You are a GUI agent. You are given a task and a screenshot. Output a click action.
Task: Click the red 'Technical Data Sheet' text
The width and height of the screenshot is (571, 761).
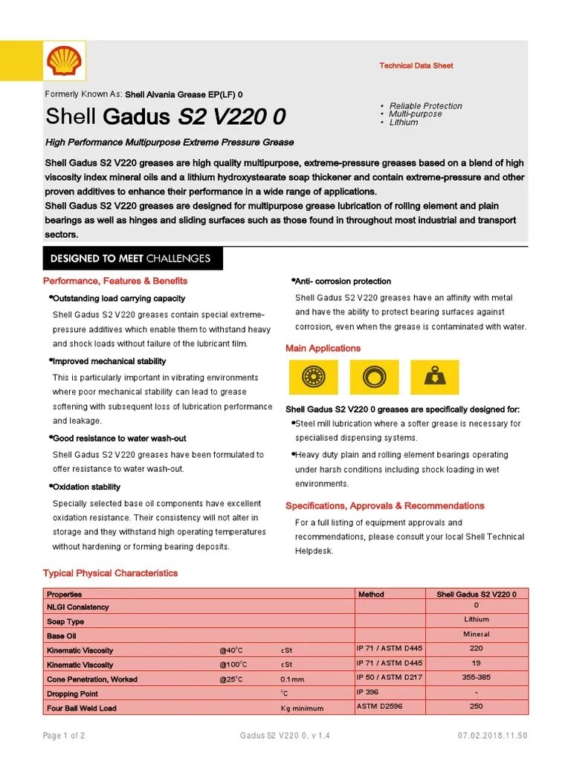(x=416, y=66)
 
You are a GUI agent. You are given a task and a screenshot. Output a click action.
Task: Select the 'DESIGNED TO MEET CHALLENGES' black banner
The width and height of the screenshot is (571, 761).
(x=130, y=259)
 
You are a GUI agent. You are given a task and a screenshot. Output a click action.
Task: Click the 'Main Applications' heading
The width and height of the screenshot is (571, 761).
(x=323, y=349)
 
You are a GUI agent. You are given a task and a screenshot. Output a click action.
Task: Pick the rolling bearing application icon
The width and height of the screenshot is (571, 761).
(x=313, y=378)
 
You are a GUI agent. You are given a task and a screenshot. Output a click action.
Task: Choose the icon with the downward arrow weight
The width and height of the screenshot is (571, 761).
(x=434, y=378)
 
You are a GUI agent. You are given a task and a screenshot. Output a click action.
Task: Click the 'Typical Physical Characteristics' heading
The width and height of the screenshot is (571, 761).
(x=111, y=573)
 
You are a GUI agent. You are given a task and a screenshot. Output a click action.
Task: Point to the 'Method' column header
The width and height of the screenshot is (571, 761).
(x=371, y=595)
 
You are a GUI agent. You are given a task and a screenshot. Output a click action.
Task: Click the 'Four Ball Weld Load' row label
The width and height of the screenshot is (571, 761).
(x=82, y=708)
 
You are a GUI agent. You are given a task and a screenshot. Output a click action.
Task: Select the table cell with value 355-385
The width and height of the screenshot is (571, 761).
(x=476, y=678)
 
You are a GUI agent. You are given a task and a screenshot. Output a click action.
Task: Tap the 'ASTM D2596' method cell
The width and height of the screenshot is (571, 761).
(x=379, y=707)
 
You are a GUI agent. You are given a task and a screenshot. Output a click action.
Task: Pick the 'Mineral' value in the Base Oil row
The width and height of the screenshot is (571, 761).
(x=476, y=635)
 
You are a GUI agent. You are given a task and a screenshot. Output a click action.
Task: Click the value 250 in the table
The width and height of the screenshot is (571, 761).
(x=476, y=707)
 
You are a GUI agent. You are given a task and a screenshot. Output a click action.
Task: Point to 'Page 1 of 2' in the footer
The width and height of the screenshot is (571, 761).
(x=63, y=736)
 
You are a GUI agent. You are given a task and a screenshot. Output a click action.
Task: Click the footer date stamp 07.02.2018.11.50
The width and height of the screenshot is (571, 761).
(x=492, y=736)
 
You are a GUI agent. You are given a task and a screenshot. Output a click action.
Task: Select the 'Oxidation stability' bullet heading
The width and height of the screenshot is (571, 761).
(x=86, y=488)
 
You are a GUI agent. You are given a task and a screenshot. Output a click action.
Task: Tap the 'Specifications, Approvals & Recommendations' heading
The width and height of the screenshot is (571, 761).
(x=385, y=506)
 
